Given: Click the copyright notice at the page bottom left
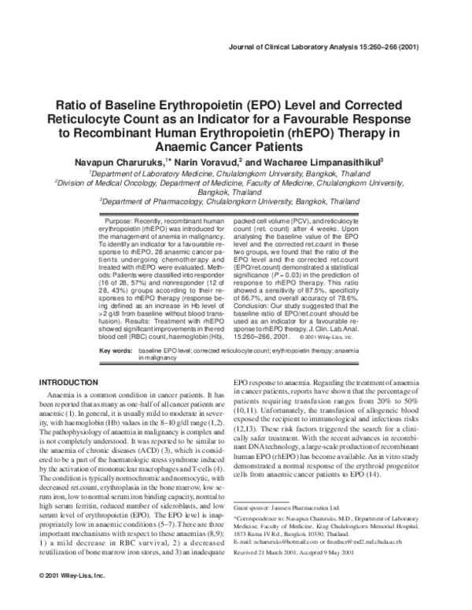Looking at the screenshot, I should point(72,578).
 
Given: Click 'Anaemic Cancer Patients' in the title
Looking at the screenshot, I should point(235,146).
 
